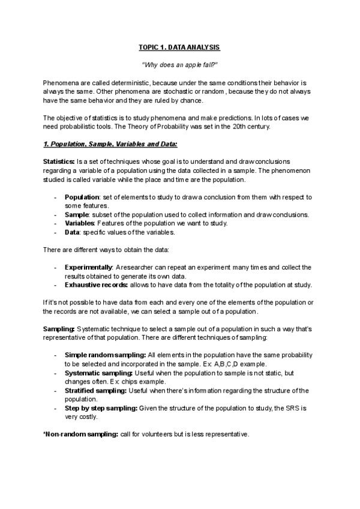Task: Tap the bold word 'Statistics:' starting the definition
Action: (59, 162)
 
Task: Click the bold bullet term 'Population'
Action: (82, 197)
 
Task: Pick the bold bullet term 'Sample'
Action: (77, 214)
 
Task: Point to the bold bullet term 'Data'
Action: (73, 232)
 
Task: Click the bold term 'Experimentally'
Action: (89, 267)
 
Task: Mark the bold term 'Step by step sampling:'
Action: (100, 408)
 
